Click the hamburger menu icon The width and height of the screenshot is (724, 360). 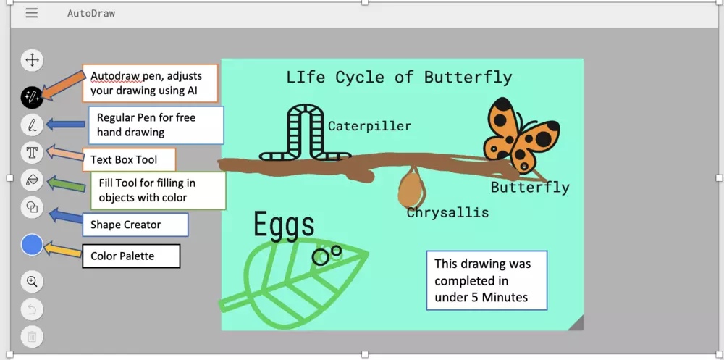tap(31, 13)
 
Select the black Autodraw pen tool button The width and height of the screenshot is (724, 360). tap(32, 98)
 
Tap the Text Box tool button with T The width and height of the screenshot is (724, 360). tap(32, 153)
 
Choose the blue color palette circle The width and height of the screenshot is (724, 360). tap(32, 245)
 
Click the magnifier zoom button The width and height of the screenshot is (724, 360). tap(32, 282)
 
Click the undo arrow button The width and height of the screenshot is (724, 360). tap(32, 309)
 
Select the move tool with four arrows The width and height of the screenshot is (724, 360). tap(32, 60)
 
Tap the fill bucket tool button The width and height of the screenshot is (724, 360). tap(32, 180)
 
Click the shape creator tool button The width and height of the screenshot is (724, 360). tap(32, 207)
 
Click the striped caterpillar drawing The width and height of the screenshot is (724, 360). tap(305, 134)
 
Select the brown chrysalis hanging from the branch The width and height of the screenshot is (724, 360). tap(411, 188)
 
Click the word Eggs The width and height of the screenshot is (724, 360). tap(284, 225)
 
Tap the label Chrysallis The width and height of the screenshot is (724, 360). tap(447, 212)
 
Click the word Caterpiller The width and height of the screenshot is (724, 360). tap(369, 126)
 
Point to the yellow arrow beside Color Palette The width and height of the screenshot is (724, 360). tap(62, 249)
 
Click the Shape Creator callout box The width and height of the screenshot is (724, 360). tap(135, 225)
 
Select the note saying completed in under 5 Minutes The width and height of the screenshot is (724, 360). tap(487, 280)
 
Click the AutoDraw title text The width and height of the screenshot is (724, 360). tap(91, 14)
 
